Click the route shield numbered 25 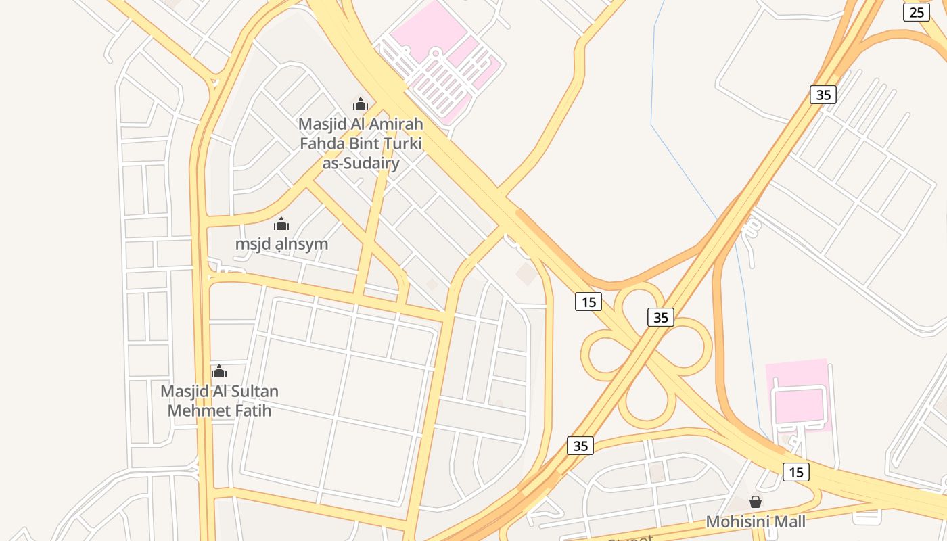click(x=916, y=12)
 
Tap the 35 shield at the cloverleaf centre click(x=660, y=316)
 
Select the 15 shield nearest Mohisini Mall click(x=795, y=471)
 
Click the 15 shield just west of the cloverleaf click(x=588, y=301)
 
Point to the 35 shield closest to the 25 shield click(x=823, y=95)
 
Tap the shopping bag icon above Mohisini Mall click(x=756, y=502)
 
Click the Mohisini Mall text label click(x=756, y=521)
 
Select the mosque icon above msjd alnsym click(x=281, y=225)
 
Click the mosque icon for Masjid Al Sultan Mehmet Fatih click(x=218, y=371)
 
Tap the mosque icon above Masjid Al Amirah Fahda click(x=361, y=104)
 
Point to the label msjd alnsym click(x=281, y=243)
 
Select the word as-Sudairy click(x=359, y=163)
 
